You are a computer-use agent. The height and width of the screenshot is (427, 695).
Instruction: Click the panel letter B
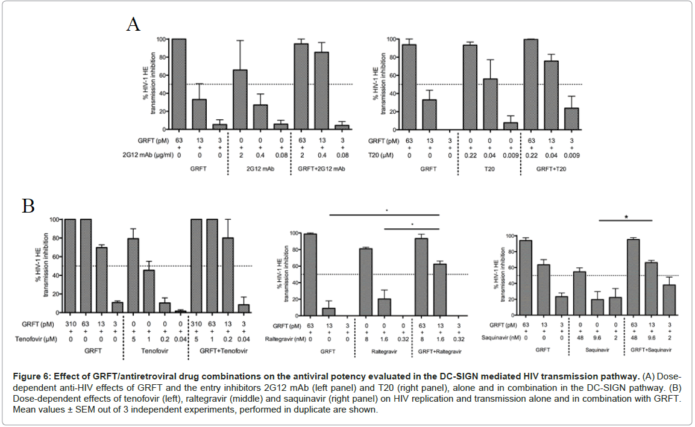28,206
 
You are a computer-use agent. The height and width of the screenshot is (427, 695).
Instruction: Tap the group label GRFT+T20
551,170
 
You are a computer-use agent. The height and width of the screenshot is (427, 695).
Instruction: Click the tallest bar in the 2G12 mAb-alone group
240,99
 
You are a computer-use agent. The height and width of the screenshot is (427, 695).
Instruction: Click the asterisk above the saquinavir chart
627,217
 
